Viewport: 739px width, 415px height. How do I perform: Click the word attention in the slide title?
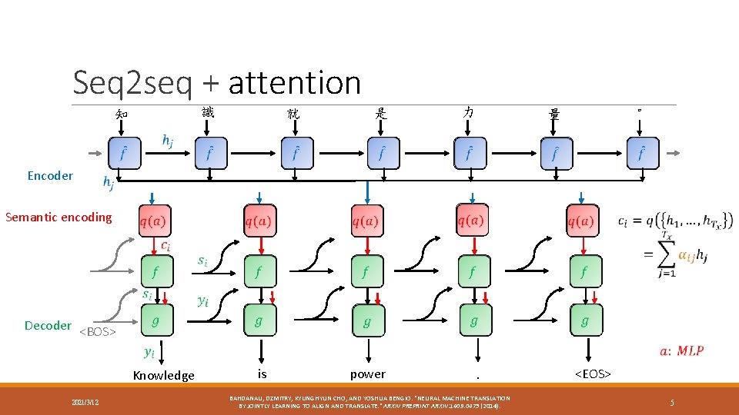click(295, 83)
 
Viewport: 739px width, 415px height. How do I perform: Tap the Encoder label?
click(50, 176)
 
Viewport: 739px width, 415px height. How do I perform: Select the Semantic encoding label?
click(59, 217)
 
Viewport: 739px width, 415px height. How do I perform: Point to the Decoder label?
click(48, 326)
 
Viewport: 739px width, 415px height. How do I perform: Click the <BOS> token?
click(98, 332)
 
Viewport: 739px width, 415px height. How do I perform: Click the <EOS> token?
click(592, 374)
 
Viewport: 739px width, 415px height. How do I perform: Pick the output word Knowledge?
click(164, 375)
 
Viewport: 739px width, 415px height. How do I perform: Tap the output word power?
click(367, 374)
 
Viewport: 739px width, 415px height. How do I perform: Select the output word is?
click(262, 373)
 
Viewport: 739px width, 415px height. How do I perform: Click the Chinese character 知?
click(122, 115)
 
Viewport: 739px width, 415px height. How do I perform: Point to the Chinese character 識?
click(208, 112)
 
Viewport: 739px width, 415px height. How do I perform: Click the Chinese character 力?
click(468, 112)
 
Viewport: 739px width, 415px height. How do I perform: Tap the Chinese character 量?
click(554, 115)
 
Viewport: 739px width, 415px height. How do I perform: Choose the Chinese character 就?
click(293, 114)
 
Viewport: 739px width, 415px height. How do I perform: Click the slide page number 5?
click(672, 402)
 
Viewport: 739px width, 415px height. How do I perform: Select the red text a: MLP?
click(681, 351)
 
